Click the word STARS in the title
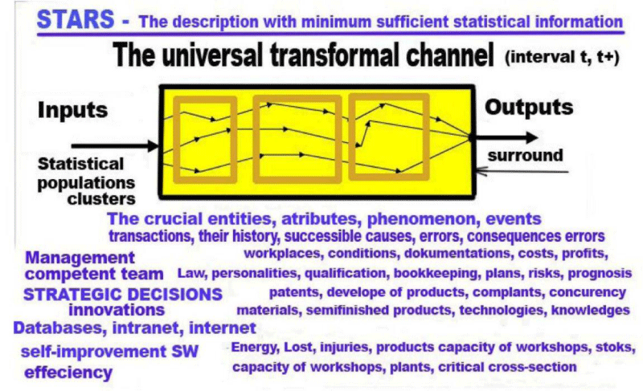click(x=76, y=19)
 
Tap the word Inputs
click(x=72, y=110)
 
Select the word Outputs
click(x=529, y=108)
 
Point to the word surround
click(x=525, y=156)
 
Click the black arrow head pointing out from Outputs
click(x=531, y=137)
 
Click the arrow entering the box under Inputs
click(x=115, y=145)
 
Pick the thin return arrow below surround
click(x=522, y=171)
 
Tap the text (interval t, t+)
click(x=562, y=57)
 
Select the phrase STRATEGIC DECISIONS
click(x=123, y=295)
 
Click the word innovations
click(x=117, y=310)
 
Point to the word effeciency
click(x=68, y=373)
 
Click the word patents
click(x=294, y=293)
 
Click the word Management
click(x=80, y=258)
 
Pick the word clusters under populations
click(x=101, y=199)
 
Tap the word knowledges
click(x=590, y=311)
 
